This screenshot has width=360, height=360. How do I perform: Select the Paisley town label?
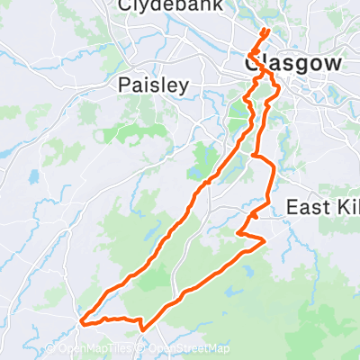(155, 85)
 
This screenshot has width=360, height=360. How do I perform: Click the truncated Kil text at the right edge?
(345, 208)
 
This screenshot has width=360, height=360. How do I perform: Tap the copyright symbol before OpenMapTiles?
(49, 349)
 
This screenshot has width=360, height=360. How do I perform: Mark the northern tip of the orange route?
(265, 31)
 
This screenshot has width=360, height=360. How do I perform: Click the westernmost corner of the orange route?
(82, 319)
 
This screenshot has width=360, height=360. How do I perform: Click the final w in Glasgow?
(335, 64)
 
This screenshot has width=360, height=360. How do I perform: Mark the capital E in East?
(292, 208)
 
